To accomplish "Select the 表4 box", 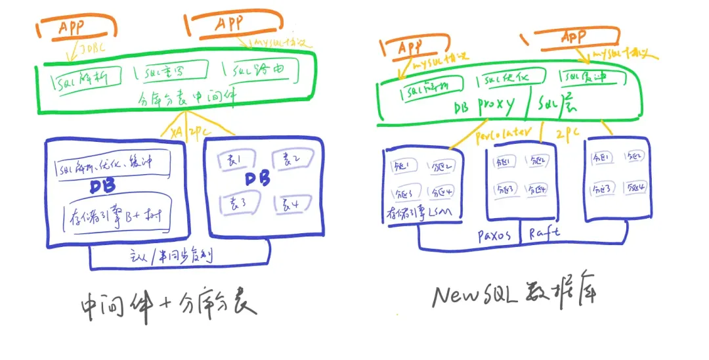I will tap(291, 205).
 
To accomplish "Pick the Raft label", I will tap(544, 234).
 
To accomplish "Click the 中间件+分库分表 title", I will tap(167, 305).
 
